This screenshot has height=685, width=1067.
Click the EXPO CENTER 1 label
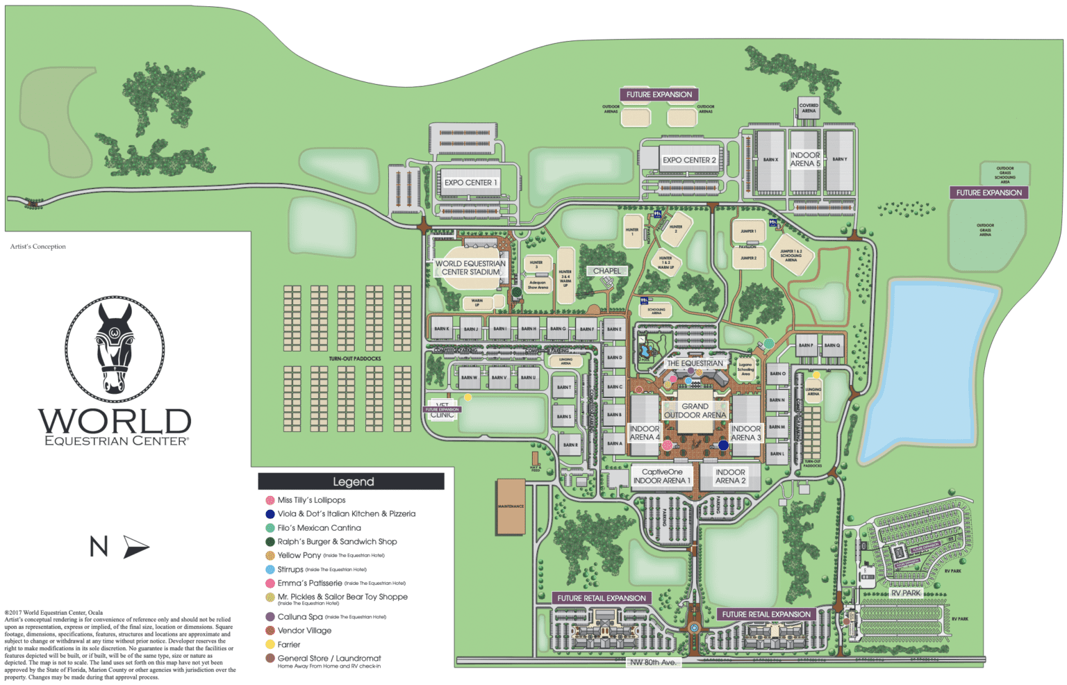(470, 183)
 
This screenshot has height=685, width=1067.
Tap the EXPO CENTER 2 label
(688, 160)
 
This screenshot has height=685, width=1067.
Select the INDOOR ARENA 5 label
(804, 160)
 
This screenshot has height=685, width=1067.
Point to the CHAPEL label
(606, 271)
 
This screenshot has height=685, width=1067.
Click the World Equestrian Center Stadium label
(470, 268)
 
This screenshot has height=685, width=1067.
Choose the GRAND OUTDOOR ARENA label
(695, 411)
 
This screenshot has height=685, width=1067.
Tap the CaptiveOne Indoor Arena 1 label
(661, 477)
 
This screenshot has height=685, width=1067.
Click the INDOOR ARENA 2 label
(730, 477)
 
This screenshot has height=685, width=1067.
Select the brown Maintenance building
(511, 506)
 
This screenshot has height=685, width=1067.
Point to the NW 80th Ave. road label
(652, 662)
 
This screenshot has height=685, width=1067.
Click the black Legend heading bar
(351, 481)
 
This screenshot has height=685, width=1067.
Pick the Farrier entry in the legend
(288, 645)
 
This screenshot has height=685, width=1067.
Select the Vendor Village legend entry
(304, 631)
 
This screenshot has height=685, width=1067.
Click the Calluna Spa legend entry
(300, 617)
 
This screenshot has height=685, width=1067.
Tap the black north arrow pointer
(135, 547)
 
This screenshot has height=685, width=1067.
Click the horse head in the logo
(115, 347)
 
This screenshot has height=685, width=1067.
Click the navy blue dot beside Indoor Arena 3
(723, 445)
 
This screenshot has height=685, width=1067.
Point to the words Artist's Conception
(38, 247)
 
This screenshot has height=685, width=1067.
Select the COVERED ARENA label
(809, 108)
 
